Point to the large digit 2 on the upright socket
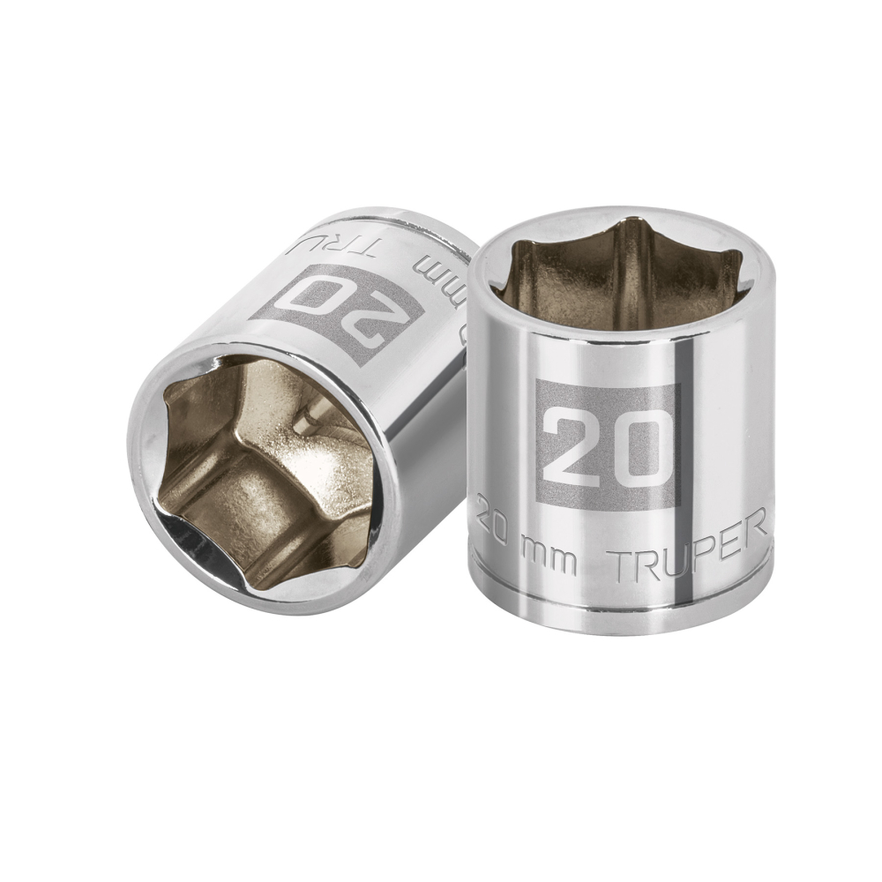(574, 447)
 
